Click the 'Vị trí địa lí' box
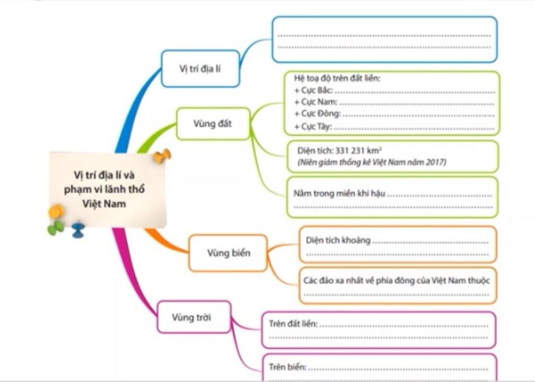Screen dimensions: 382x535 200,68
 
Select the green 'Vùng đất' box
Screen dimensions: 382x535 213,124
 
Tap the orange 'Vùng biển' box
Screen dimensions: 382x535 228,253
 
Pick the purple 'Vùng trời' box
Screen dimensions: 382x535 194,317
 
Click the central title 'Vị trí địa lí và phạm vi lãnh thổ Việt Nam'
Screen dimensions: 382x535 104,189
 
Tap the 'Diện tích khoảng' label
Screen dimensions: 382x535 338,240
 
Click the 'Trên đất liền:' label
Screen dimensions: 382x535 293,323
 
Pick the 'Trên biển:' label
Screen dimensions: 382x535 287,367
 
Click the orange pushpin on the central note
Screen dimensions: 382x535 162,156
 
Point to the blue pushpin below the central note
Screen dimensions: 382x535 78,230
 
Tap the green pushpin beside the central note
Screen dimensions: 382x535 55,228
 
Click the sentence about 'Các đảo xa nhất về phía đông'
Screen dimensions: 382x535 397,281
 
